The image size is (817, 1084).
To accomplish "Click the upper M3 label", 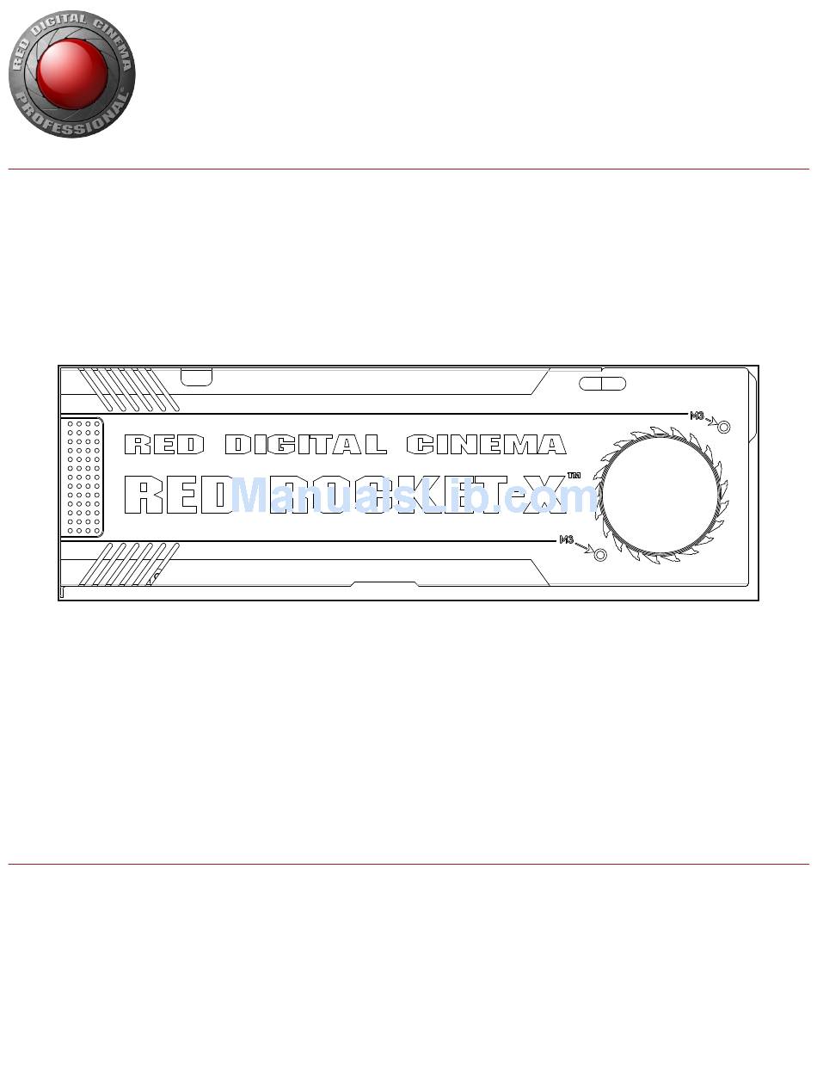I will tap(698, 416).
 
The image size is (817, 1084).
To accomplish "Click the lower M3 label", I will tap(567, 539).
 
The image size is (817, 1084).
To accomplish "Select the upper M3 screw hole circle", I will tap(723, 427).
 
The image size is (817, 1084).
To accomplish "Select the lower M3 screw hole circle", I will tap(600, 554).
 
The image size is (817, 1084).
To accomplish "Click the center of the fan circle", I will tap(659, 496).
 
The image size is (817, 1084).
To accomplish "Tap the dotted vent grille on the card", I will tap(81, 477).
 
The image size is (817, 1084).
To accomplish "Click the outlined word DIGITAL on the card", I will tap(305, 445).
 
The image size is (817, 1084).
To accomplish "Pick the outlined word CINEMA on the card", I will tap(486, 445).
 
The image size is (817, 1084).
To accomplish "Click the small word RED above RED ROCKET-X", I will tap(164, 445).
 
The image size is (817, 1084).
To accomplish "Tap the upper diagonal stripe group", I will tap(129, 389).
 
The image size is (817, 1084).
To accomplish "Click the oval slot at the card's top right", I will tap(602, 383).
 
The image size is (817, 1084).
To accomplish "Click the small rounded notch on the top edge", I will tap(197, 377).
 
